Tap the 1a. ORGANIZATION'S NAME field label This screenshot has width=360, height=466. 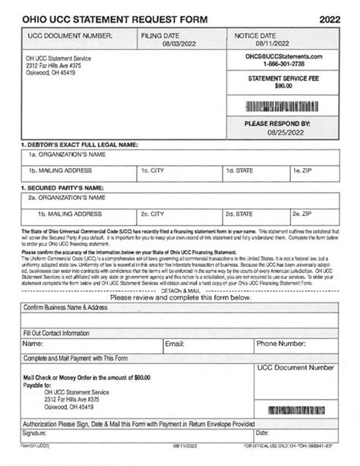65,154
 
